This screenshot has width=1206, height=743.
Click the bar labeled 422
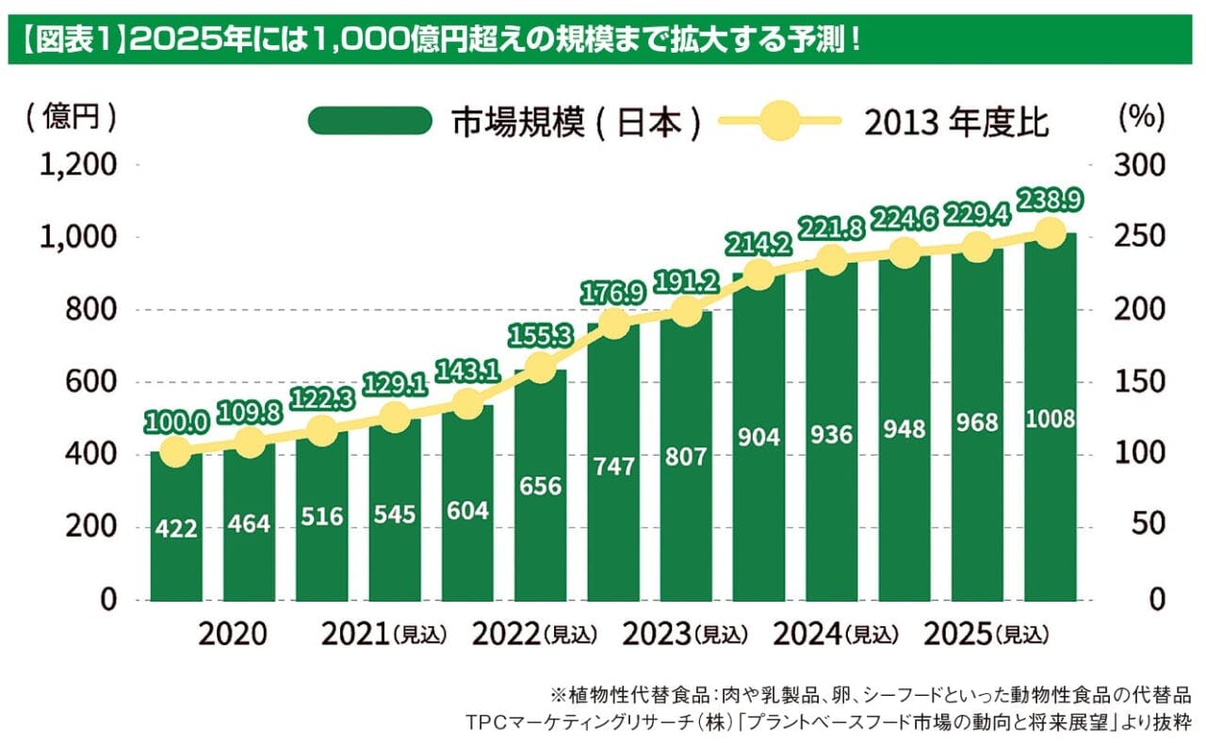pyautogui.click(x=176, y=527)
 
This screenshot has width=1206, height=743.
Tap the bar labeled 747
pyautogui.click(x=613, y=509)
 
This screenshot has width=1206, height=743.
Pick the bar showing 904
pyautogui.click(x=758, y=490)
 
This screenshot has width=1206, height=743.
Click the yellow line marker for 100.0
pyautogui.click(x=175, y=452)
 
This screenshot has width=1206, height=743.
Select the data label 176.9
pyautogui.click(x=613, y=291)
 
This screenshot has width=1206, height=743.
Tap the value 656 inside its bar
pyautogui.click(x=540, y=486)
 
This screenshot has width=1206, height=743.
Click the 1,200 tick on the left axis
pyautogui.click(x=78, y=166)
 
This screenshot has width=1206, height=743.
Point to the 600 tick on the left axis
pyautogui.click(x=90, y=382)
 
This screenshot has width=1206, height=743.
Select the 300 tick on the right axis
pyautogui.click(x=1141, y=166)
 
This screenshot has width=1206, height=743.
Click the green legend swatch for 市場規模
pyautogui.click(x=368, y=121)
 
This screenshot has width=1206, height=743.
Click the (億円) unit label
pyautogui.click(x=73, y=117)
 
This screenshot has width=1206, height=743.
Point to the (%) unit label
pyautogui.click(x=1141, y=117)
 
